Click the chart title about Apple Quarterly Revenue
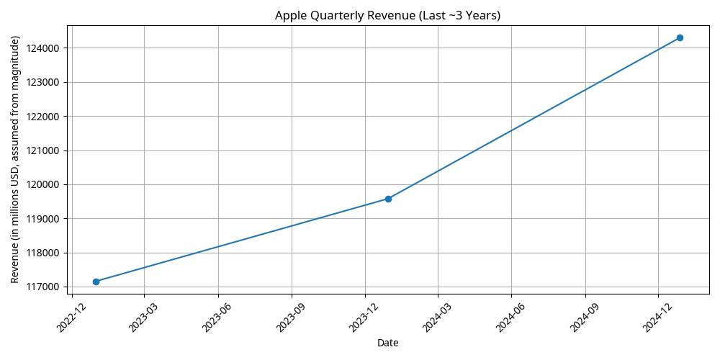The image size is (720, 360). [388, 16]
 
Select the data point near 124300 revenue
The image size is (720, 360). [680, 37]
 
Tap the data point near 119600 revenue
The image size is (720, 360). [388, 199]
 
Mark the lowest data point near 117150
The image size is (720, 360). [96, 282]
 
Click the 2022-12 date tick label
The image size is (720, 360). [70, 316]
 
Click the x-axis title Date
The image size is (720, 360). [388, 343]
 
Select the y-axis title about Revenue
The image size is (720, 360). [15, 159]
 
